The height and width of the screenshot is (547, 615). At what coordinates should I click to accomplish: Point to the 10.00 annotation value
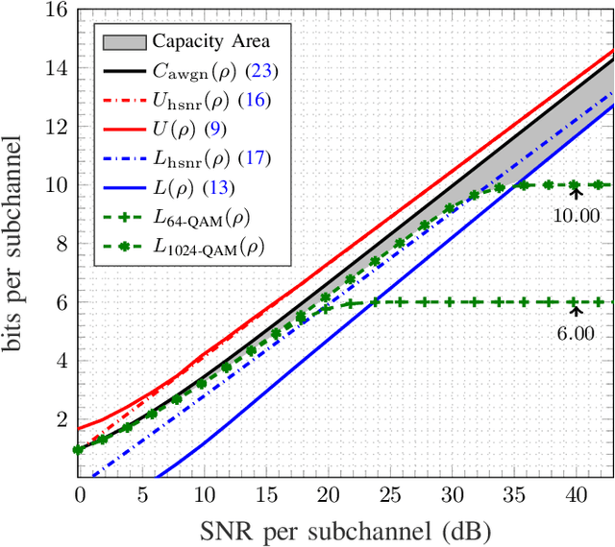[576, 215]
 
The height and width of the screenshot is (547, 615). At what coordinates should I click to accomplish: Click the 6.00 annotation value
[576, 333]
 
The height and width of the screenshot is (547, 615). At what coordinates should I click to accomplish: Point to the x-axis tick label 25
[390, 495]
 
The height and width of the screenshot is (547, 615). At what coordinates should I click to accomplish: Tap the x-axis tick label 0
[79, 495]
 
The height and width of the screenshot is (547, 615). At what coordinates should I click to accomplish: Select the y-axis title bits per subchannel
[19, 243]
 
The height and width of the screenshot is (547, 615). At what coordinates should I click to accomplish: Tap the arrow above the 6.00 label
[576, 309]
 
